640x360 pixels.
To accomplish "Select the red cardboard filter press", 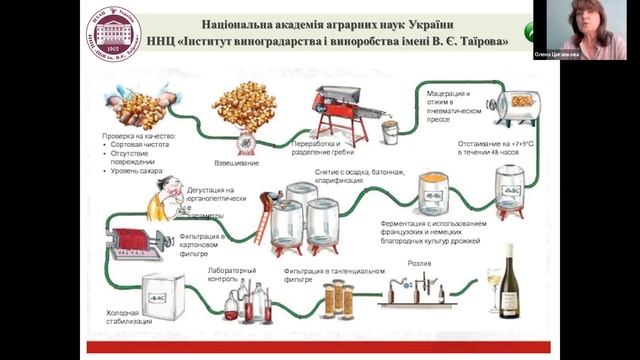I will pyautogui.click(x=132, y=245).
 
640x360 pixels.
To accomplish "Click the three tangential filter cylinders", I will pyautogui.click(x=339, y=299).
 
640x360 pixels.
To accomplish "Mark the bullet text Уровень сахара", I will pyautogui.click(x=137, y=171).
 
